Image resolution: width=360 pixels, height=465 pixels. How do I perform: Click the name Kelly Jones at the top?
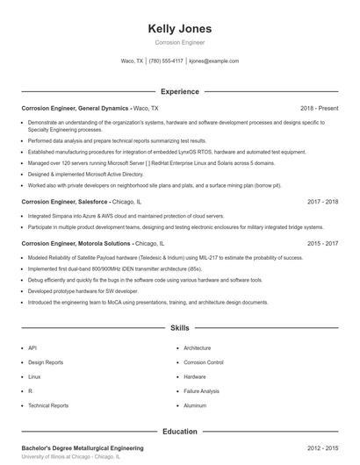click(179, 28)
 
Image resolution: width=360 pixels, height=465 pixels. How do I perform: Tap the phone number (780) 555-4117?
click(166, 61)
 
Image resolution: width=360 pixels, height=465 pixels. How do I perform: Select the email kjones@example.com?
click(213, 61)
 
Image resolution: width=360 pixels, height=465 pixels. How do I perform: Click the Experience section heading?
click(179, 91)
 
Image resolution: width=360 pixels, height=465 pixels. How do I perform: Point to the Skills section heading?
click(179, 328)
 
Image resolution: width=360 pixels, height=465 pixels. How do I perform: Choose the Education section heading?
click(179, 432)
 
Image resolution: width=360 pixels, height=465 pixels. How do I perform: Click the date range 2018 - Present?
click(319, 108)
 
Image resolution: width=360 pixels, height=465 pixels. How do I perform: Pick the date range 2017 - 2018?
click(322, 201)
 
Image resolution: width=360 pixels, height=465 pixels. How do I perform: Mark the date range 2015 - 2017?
click(322, 243)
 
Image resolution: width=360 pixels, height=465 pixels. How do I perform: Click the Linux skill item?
click(34, 376)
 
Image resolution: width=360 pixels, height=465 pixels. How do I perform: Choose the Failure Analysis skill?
click(201, 391)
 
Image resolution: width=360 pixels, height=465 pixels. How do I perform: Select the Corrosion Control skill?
click(204, 361)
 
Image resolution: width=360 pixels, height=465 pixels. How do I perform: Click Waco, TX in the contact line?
click(132, 61)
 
